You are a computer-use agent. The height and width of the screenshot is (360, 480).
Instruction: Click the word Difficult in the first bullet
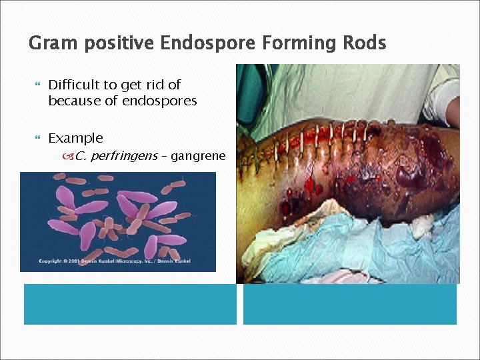point(72,85)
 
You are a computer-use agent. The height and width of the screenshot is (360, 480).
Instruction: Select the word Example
point(75,138)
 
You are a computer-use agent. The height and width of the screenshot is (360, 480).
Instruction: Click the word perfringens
point(123,157)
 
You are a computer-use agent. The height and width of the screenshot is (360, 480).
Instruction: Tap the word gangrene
point(198,157)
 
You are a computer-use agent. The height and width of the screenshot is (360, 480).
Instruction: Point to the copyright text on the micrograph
point(114,261)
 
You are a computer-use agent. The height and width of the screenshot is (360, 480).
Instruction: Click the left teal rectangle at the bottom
point(130,304)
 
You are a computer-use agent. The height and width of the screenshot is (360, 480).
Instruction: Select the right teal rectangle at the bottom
point(350,304)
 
